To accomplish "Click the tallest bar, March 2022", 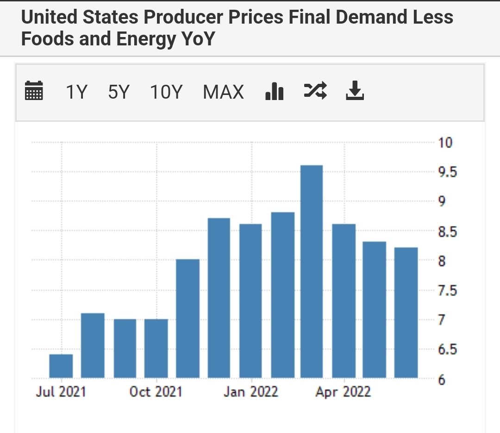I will [312, 271].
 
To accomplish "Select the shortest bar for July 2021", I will [61, 366].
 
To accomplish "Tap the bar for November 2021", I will [187, 319].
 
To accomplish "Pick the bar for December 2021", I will [219, 298].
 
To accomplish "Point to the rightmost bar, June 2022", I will [406, 313].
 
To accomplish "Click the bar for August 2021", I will [93, 345].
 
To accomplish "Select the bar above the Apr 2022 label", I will [344, 301].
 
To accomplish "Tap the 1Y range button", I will [76, 92].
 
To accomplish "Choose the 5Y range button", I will [119, 92].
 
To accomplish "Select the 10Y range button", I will [166, 92].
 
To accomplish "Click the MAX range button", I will [223, 92].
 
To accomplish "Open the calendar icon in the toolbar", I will [34, 91].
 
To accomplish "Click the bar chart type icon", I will [274, 91].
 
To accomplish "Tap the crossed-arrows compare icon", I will [315, 90].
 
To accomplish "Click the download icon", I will [355, 91].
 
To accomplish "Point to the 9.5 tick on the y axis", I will [447, 172].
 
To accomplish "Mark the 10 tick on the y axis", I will [445, 143].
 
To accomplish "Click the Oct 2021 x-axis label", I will [156, 392].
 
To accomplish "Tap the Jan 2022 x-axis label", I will [250, 392].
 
